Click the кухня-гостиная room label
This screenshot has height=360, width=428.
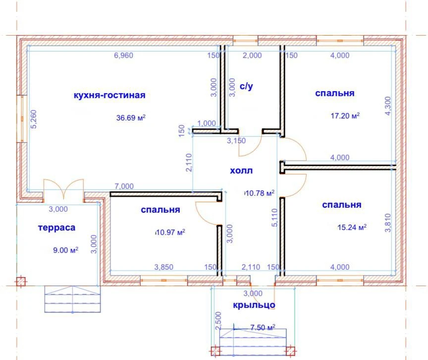point(109,95)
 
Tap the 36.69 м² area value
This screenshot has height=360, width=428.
point(131,118)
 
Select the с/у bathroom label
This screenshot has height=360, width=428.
point(246,86)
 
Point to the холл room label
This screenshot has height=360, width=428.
point(241,171)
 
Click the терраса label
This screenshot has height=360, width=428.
point(56,228)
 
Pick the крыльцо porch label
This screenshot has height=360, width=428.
point(254,305)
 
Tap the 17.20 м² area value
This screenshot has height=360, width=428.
point(345,116)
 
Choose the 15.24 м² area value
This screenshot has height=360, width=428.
point(352,227)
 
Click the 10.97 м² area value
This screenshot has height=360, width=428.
point(170,233)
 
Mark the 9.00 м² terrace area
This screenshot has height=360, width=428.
point(65,250)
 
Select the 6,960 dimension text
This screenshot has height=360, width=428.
point(124,56)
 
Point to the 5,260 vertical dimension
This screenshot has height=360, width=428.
point(33,120)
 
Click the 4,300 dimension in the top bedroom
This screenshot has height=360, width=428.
point(387,106)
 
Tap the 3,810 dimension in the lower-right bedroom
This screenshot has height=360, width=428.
point(387,223)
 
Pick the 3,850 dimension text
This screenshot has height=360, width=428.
point(164,267)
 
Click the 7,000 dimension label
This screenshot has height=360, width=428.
point(124,186)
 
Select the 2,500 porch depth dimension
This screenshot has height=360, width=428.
point(218,321)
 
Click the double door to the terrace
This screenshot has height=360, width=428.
point(63,188)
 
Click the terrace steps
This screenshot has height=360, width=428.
point(73,299)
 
